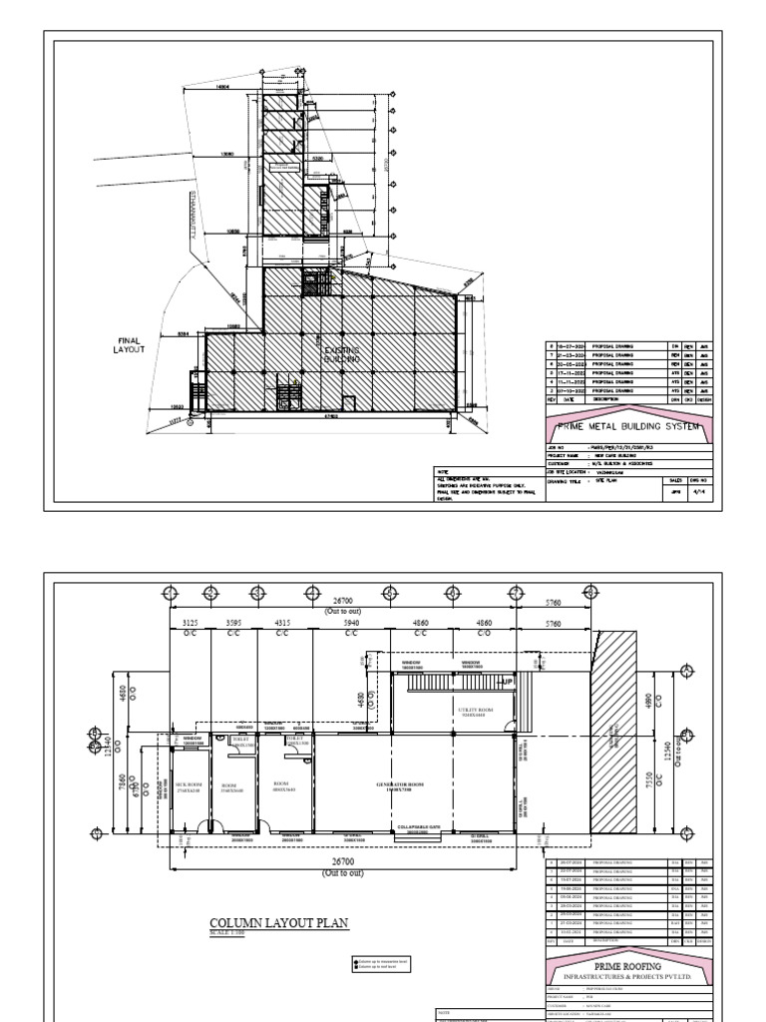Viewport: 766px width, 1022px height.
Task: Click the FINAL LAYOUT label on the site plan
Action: [129, 345]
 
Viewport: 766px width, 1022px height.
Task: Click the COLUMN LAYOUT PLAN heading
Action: [279, 923]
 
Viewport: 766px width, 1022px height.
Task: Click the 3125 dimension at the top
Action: [188, 622]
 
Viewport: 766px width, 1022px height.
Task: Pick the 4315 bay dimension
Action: [282, 622]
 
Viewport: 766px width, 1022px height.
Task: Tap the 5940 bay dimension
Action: [350, 622]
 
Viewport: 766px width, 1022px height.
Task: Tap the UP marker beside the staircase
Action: [507, 682]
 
